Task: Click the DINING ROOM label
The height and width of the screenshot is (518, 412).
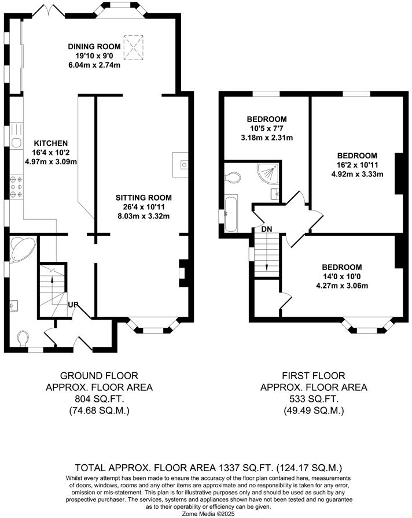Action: pos(94,46)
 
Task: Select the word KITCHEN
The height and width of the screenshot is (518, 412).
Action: pos(51,143)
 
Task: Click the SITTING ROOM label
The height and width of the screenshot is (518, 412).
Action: pos(143,198)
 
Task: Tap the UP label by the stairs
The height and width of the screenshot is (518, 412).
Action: pos(73,305)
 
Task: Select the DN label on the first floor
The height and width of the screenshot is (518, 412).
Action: pos(267,230)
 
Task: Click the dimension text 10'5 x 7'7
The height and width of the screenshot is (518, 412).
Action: pos(267,128)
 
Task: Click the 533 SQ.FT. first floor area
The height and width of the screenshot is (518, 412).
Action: pos(313,399)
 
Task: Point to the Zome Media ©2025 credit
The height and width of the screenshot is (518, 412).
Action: pos(205,513)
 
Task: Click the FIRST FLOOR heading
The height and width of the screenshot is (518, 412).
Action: pos(313,376)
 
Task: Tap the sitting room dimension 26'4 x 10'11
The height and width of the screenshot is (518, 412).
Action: pos(143,207)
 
